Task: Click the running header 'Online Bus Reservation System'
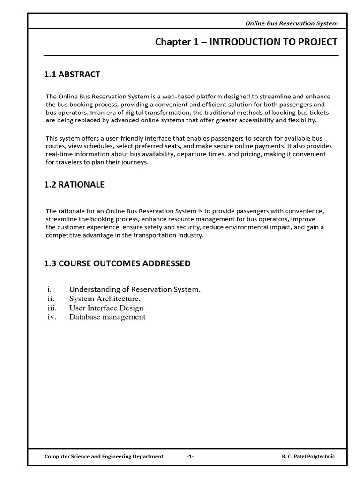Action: [x=292, y=23]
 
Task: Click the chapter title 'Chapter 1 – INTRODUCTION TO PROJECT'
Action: [x=246, y=42]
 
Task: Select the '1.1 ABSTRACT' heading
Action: [x=72, y=75]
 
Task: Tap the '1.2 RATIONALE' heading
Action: [x=74, y=185]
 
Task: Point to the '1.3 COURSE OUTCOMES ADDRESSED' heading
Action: [x=117, y=263]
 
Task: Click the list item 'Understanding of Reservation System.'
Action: [x=135, y=289]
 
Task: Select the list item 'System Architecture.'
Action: [x=105, y=299]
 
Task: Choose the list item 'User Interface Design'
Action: [x=106, y=308]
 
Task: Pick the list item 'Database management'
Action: [x=107, y=317]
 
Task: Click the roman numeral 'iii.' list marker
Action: [x=52, y=308]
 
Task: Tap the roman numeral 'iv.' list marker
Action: [x=52, y=317]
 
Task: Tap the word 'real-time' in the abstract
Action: [x=59, y=154]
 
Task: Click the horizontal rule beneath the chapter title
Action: [x=191, y=56]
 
